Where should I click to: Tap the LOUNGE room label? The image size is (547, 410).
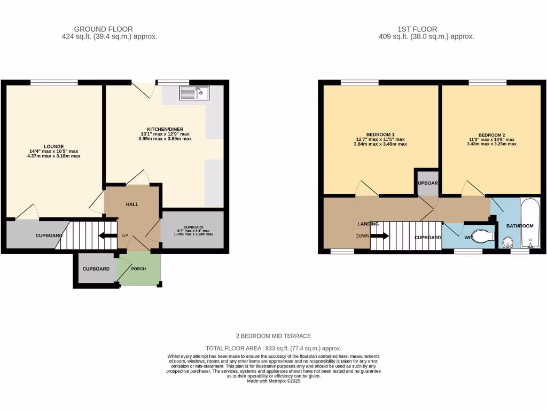(x=54, y=146)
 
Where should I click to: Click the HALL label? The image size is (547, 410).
(x=132, y=204)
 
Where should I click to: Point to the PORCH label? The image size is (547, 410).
(x=138, y=269)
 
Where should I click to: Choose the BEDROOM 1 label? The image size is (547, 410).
(x=380, y=134)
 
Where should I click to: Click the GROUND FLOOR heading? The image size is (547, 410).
(x=103, y=29)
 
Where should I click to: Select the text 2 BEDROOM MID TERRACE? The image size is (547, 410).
(x=273, y=336)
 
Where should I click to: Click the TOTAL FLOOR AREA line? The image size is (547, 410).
(x=273, y=348)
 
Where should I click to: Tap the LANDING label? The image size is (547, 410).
(x=369, y=224)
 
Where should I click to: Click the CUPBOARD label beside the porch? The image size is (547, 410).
(x=96, y=269)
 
